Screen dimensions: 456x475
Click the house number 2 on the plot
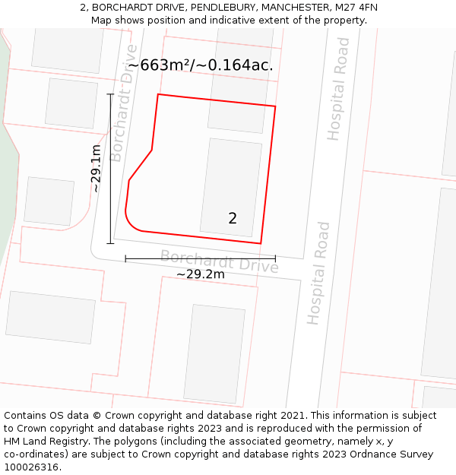point(233,218)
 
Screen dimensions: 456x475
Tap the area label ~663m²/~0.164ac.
point(200,65)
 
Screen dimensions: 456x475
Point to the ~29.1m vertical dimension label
point(97,168)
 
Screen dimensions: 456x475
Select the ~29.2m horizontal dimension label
point(201,274)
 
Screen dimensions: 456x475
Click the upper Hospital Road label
point(338,89)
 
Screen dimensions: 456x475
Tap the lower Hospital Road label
point(318,274)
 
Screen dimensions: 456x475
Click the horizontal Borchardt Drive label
point(219,261)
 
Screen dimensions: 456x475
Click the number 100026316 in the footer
point(32,467)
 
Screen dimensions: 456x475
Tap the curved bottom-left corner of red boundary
point(131,223)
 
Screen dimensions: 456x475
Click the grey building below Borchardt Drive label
point(214,353)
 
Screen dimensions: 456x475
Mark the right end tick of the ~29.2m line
point(275,258)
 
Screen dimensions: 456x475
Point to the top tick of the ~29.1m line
point(110,94)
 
